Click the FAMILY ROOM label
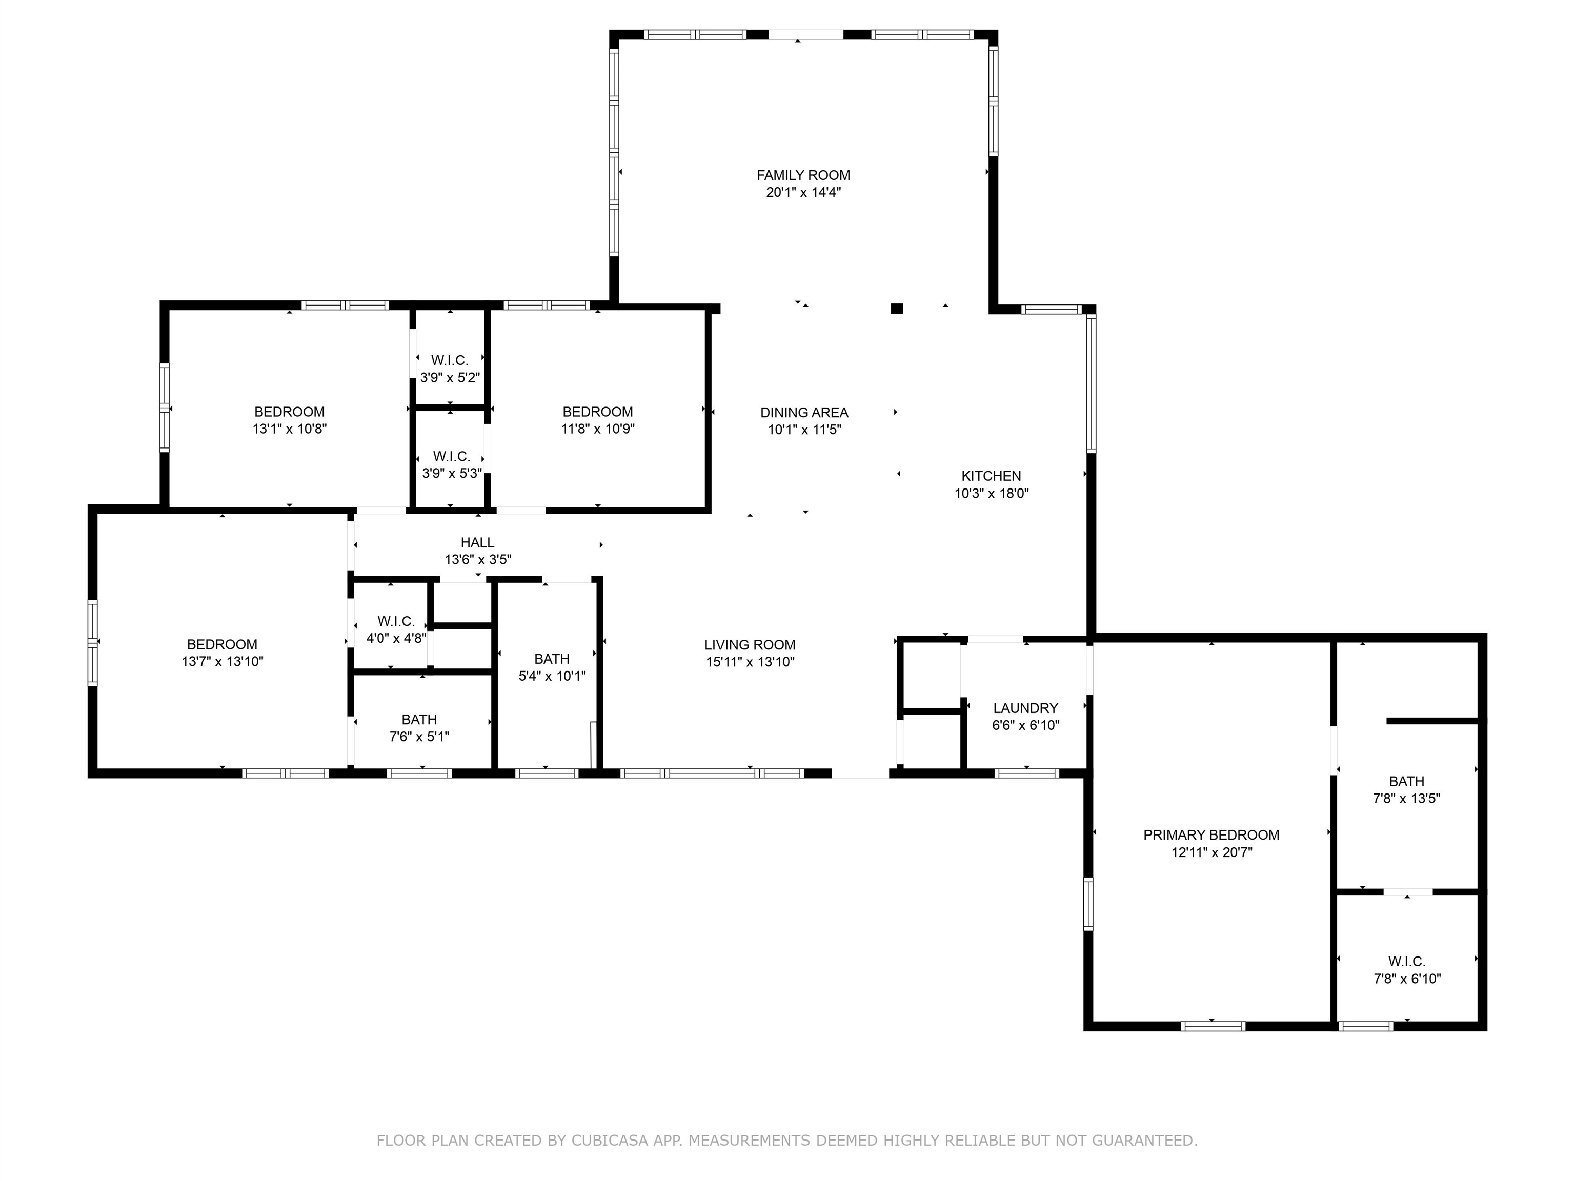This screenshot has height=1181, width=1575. tap(803, 175)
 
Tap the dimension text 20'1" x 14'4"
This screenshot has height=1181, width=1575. tap(803, 192)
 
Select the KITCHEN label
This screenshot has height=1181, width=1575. tap(991, 476)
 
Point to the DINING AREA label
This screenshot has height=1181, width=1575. tap(804, 413)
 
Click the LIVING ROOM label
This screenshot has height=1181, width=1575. tap(750, 645)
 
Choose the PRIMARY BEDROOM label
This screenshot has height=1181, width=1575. tap(1211, 835)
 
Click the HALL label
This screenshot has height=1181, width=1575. tap(477, 542)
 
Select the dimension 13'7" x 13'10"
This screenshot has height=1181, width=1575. tap(222, 661)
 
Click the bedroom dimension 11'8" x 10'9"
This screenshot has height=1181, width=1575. tap(597, 429)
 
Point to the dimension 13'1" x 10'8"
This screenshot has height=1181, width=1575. tap(289, 429)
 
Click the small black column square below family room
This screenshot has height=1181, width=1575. tap(897, 308)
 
